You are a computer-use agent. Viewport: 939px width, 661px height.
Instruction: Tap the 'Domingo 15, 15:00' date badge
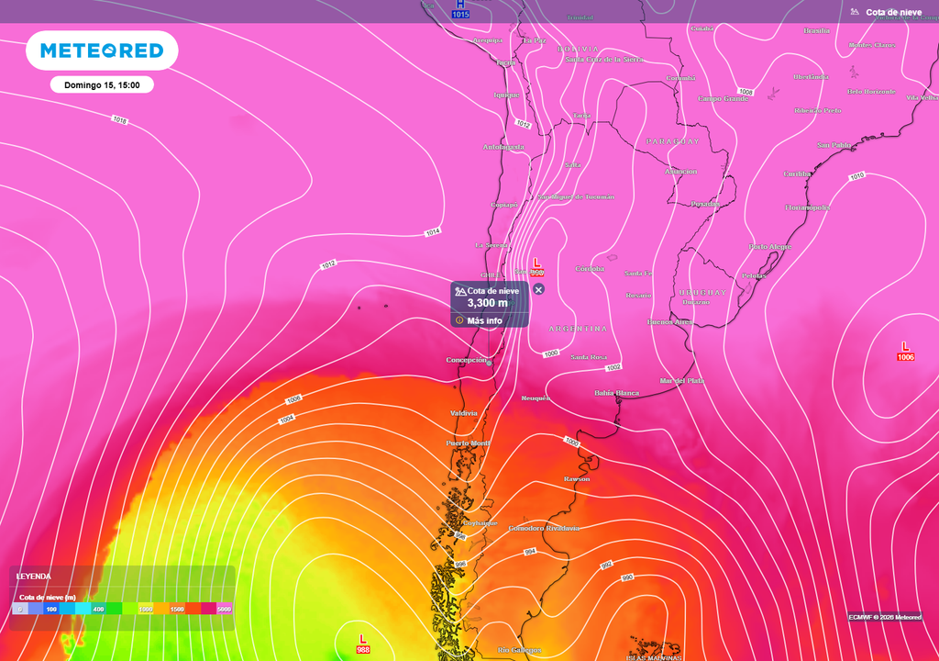[102, 84]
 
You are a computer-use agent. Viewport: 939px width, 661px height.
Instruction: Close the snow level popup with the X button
[538, 289]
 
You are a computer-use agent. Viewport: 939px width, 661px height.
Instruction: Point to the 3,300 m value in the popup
[487, 303]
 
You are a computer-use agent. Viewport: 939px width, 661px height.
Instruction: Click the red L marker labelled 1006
[905, 350]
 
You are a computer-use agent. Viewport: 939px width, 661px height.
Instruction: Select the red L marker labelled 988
[363, 643]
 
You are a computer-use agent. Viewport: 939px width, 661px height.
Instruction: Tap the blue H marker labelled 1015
[460, 9]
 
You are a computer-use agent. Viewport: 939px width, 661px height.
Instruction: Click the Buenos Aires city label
[669, 322]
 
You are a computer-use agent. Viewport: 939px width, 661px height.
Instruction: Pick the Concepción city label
[466, 360]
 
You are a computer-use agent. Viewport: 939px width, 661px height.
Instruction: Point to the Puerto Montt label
[468, 443]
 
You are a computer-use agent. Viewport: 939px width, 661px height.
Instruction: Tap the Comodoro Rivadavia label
[544, 528]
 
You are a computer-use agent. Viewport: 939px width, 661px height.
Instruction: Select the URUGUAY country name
[702, 293]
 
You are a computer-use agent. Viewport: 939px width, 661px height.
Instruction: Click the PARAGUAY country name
[673, 141]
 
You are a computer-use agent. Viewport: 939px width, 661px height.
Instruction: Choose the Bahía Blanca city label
[617, 392]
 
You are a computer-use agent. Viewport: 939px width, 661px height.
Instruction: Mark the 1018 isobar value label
[119, 120]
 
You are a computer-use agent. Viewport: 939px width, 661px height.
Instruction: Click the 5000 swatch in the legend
[224, 609]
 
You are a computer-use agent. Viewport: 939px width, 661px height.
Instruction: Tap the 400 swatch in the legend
[98, 609]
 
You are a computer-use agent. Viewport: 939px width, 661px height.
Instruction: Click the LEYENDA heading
[34, 577]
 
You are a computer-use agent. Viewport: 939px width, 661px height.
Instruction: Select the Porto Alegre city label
[770, 247]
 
